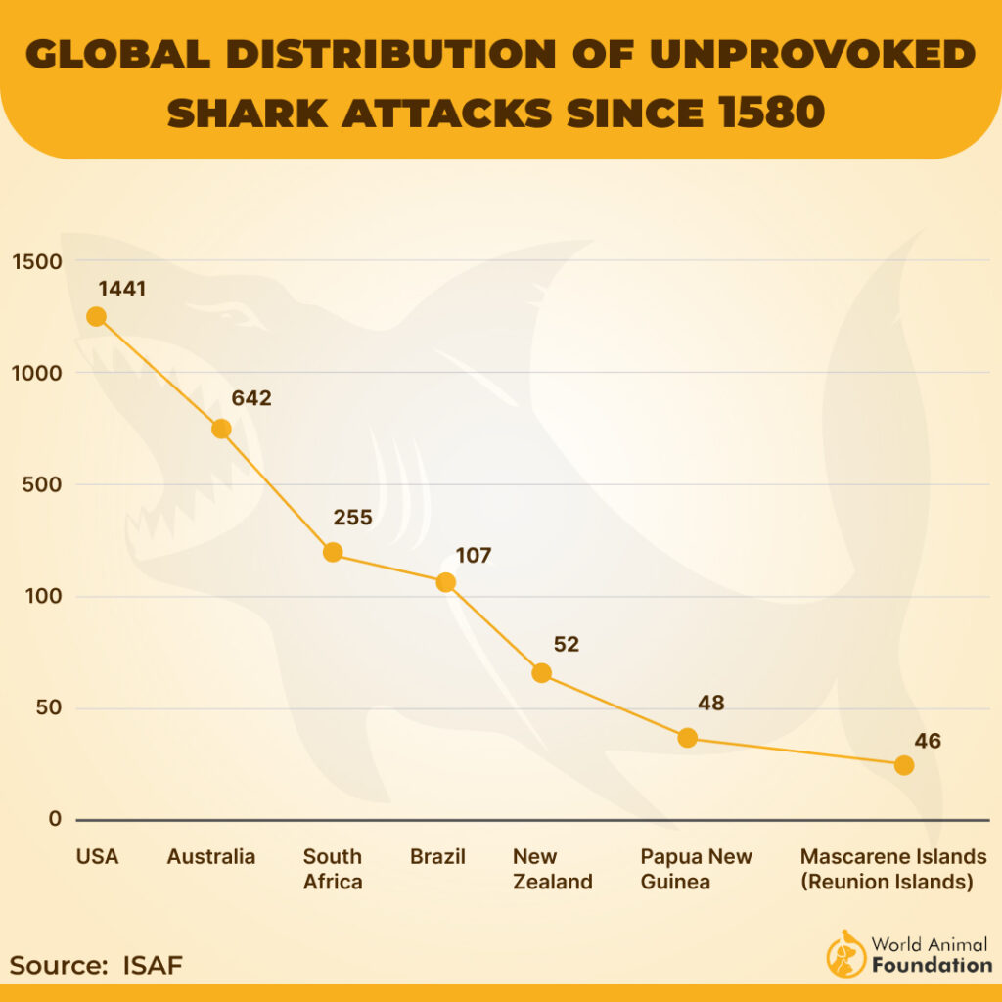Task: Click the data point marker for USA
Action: tap(96, 316)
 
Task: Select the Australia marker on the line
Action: tap(221, 429)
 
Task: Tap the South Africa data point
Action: tap(333, 552)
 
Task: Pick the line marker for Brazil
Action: tap(445, 582)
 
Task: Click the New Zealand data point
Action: tap(541, 673)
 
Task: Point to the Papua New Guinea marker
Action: tap(688, 738)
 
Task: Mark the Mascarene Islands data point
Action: tap(904, 765)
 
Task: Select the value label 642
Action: tap(250, 398)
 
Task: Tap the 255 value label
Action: tap(352, 518)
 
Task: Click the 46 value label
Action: tap(927, 741)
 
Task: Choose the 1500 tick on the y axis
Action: tap(36, 261)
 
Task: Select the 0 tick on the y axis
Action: tap(55, 820)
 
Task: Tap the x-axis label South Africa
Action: tap(333, 869)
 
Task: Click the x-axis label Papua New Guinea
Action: tap(696, 869)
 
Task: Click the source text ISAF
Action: tap(153, 966)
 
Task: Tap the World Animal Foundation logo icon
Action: tap(845, 953)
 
